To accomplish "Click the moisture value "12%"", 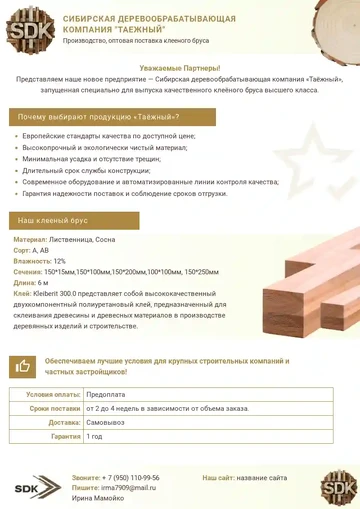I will tap(60, 261).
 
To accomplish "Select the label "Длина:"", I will tap(25, 283).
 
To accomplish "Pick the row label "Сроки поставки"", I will tap(54, 409).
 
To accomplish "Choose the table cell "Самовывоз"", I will tap(107, 423).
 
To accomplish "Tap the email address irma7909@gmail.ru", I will tap(128, 487).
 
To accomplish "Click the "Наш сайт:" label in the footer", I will tap(218, 478).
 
